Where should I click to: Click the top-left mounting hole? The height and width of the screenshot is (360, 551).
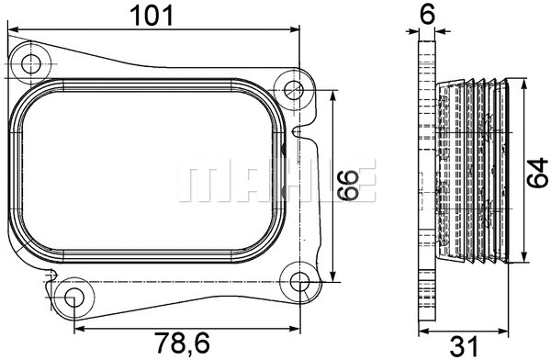[x=34, y=64]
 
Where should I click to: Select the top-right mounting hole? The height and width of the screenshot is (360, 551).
[x=294, y=90]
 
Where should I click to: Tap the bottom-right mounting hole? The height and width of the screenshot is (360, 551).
[x=299, y=280]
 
